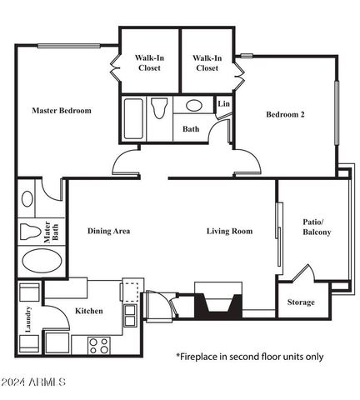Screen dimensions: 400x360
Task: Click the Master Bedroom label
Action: tap(62, 110)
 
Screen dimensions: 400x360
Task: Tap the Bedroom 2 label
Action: tap(284, 114)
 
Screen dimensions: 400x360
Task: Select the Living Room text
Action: tap(229, 231)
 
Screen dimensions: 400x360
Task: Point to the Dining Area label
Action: tap(108, 231)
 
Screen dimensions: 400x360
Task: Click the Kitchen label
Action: tap(88, 311)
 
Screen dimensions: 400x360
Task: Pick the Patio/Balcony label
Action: tap(317, 226)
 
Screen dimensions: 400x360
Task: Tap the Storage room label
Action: tap(301, 302)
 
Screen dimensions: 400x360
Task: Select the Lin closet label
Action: tap(223, 103)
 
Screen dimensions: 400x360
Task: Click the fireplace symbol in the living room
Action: tap(217, 301)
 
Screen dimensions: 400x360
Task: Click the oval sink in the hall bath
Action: tap(195, 106)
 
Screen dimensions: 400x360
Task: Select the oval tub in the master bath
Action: tap(41, 262)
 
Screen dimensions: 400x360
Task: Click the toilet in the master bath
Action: tap(32, 230)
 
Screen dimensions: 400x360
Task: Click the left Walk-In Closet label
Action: tap(149, 62)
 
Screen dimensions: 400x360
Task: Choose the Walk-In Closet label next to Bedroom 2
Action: tap(207, 62)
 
